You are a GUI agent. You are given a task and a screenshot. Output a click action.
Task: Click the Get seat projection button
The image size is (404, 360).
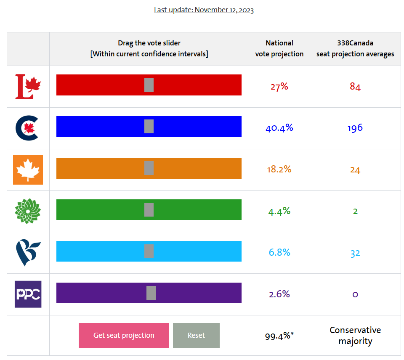click(x=124, y=335)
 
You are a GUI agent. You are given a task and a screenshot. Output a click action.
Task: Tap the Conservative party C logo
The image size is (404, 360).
click(x=27, y=128)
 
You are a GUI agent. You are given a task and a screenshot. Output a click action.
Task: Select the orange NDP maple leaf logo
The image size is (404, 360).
click(x=28, y=169)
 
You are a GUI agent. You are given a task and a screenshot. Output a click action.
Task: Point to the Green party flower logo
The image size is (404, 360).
click(x=28, y=211)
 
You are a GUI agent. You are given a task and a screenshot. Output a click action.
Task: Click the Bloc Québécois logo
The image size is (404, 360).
click(x=28, y=252)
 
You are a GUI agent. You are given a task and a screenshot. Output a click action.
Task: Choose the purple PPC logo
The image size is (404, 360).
click(x=28, y=294)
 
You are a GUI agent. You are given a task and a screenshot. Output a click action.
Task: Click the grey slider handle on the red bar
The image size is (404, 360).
click(x=149, y=85)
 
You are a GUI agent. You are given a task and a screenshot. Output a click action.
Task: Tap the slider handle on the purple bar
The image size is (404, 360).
click(x=151, y=293)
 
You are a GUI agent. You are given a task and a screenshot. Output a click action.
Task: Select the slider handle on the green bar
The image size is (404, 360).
click(x=149, y=209)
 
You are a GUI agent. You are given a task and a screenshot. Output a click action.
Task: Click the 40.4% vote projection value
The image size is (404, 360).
click(x=279, y=128)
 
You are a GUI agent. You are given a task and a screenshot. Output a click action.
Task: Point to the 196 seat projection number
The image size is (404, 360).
click(x=355, y=128)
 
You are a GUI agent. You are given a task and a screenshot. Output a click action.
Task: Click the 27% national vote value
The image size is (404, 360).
click(x=279, y=87)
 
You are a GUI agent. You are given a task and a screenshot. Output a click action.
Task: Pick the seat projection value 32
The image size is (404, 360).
click(x=355, y=253)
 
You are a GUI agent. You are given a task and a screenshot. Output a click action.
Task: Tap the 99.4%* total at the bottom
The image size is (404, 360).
click(x=279, y=336)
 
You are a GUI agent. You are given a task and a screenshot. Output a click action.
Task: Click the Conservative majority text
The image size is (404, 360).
click(x=355, y=336)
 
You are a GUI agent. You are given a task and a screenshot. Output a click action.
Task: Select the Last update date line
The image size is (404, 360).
click(x=204, y=10)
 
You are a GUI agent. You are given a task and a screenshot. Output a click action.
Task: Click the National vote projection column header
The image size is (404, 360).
click(x=279, y=48)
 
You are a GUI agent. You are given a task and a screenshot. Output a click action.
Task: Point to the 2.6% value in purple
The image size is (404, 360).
click(x=279, y=294)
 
